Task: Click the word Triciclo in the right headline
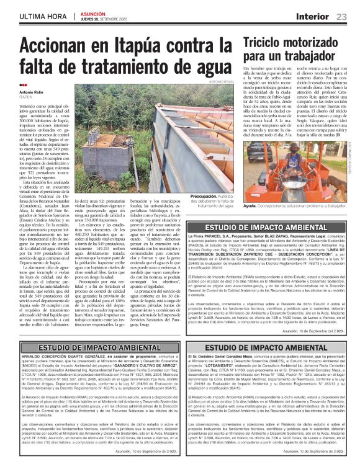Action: (266, 43)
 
